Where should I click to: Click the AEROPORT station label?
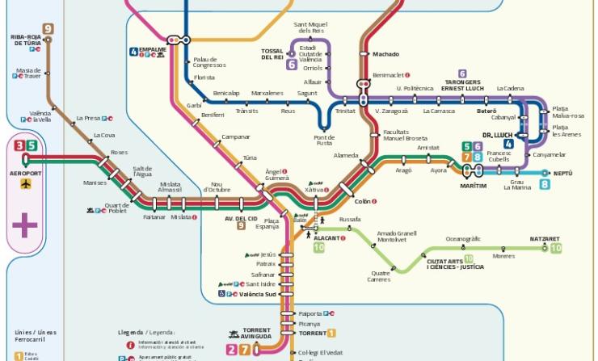[24, 173]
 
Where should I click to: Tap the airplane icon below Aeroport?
[25, 184]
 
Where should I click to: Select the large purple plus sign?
[25, 225]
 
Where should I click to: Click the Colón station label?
[363, 201]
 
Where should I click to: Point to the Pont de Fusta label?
[324, 141]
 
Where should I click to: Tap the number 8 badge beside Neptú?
[545, 184]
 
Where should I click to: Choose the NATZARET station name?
[545, 239]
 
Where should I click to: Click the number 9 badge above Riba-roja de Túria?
[48, 29]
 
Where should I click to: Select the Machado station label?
[385, 54]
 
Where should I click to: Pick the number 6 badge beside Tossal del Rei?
[292, 65]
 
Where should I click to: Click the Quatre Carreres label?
[379, 276]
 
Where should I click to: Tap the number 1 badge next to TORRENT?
[331, 333]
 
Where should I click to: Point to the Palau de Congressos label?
[210, 62]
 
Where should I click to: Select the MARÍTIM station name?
[474, 186]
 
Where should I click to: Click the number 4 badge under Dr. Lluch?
[508, 144]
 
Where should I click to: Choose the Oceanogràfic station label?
[463, 238]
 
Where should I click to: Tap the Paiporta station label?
[310, 313]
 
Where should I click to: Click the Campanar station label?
[236, 136]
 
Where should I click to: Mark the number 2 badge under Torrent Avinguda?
[232, 349]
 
